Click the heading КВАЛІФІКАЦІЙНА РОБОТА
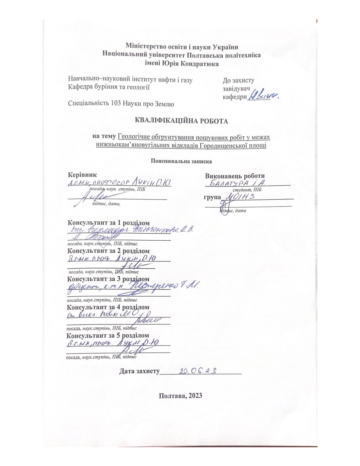[x=182, y=121]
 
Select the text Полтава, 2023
[x=180, y=395]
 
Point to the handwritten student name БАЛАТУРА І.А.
[x=237, y=183]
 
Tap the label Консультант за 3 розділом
[x=108, y=279]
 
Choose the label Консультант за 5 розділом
[x=108, y=336]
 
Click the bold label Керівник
[x=82, y=175]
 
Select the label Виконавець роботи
[x=235, y=176]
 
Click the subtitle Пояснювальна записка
[x=181, y=162]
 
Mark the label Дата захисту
[x=139, y=371]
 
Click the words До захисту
[x=238, y=80]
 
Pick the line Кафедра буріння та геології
[x=109, y=87]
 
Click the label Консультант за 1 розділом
[x=108, y=223]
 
